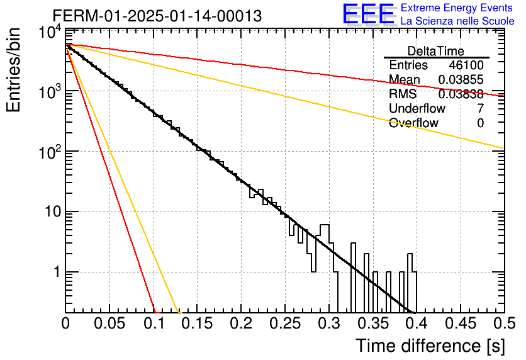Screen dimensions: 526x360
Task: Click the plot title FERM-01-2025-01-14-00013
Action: coord(157,16)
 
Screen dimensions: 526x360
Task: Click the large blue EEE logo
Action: coord(369,13)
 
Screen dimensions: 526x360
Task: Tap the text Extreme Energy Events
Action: coord(457,8)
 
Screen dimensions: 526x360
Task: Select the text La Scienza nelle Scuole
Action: coord(457,21)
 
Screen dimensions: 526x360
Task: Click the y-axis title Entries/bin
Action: coord(13,70)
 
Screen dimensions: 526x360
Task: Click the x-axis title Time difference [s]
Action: coord(430,346)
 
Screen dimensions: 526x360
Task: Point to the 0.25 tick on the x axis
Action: coord(284,323)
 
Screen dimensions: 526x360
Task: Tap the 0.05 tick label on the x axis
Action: coord(109,323)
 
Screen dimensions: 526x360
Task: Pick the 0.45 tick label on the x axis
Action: coord(461,323)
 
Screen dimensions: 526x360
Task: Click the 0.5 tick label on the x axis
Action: coord(504,323)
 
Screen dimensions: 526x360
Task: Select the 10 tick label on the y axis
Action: coord(53,211)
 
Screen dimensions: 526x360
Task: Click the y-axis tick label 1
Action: coord(57,272)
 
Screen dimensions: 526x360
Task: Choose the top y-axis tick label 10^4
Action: coord(50,33)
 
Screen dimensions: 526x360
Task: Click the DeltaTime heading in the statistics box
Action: coord(436,51)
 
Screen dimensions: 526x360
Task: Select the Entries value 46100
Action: coord(466,65)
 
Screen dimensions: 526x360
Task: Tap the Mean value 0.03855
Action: coord(461,79)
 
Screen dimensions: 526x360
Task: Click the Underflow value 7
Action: coord(480,108)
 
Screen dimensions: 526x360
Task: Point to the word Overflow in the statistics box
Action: coord(413,123)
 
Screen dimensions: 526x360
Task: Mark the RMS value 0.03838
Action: coord(461,94)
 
